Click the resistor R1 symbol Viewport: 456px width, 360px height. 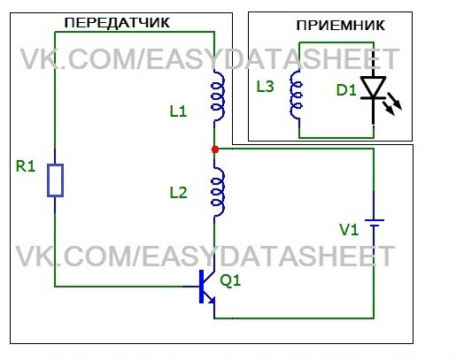55,180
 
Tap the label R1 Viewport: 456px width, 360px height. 26,166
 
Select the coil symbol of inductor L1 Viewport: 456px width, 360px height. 218,96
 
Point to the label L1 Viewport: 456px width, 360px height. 178,111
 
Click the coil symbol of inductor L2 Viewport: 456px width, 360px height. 218,193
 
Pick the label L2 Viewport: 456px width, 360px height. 178,193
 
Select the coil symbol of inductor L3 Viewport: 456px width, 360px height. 296,95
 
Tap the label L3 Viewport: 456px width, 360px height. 265,87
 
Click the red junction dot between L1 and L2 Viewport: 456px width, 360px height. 215,149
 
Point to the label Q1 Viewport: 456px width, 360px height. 230,280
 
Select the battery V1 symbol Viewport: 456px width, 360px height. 375,223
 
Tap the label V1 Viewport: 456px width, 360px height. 349,230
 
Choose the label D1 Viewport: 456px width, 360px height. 346,90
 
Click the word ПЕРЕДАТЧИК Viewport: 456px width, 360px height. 117,23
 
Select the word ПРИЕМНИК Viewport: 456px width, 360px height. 341,26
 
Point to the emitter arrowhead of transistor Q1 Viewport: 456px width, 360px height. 212,300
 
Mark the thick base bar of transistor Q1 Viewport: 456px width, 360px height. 202,287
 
